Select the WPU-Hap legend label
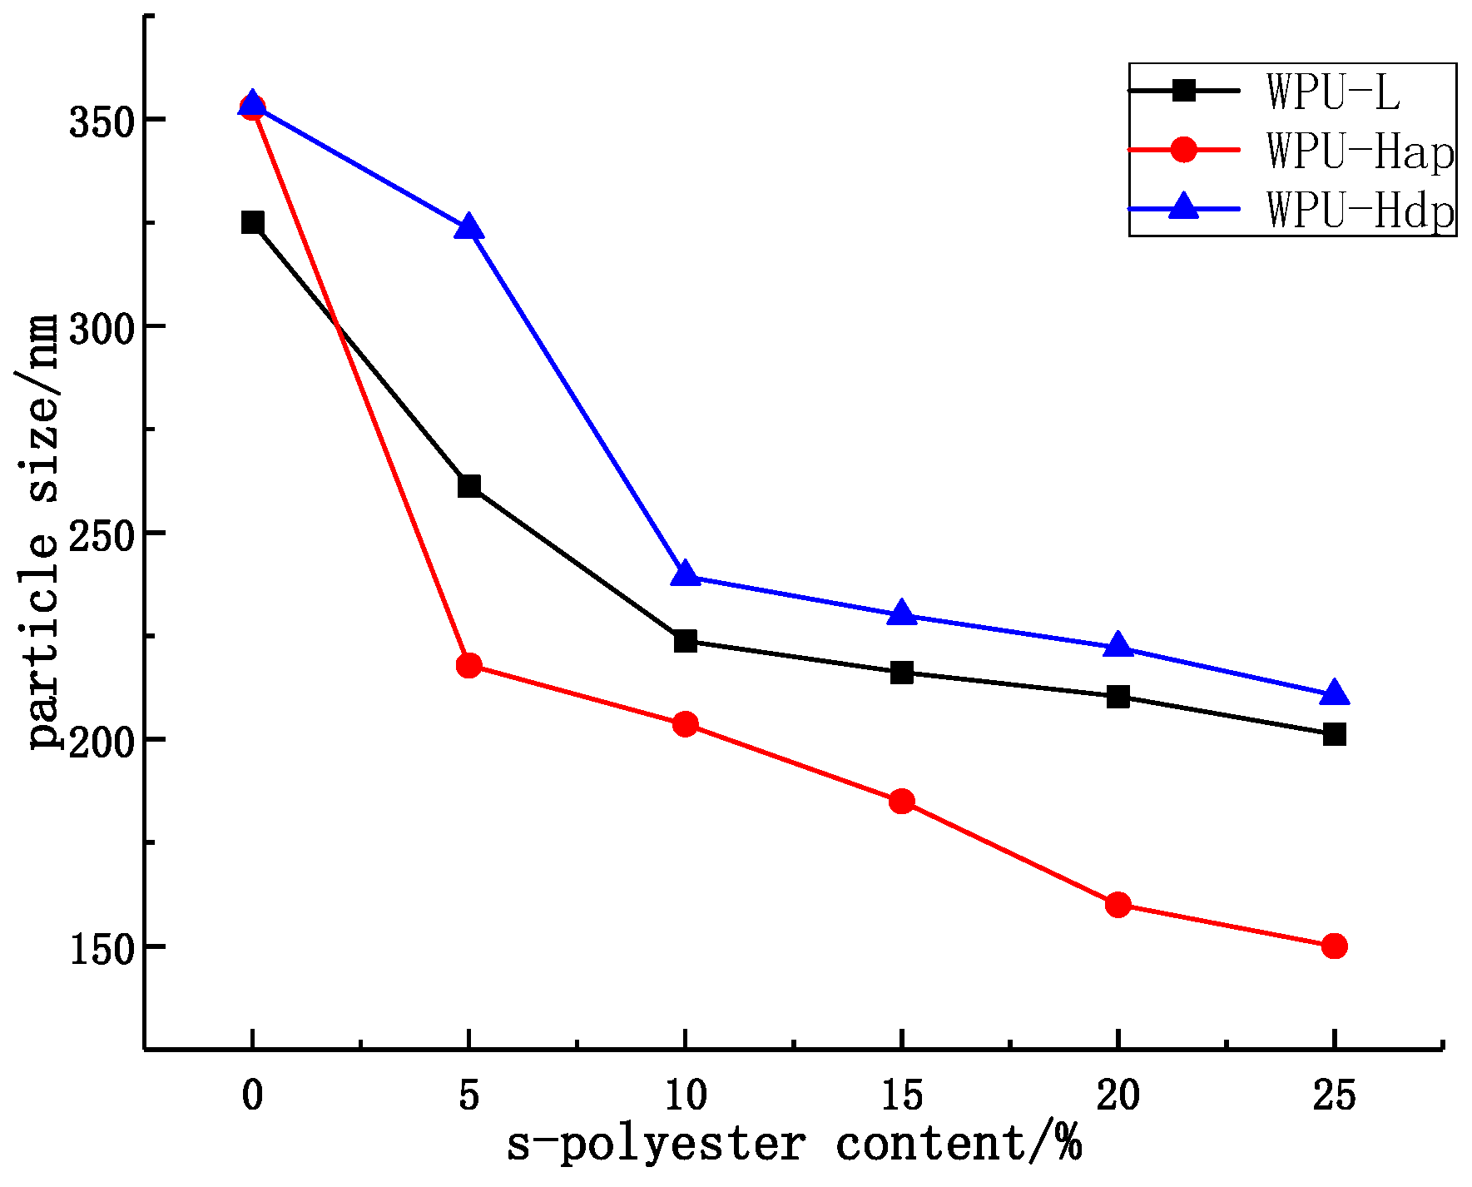[1360, 151]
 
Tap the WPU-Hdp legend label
[1360, 210]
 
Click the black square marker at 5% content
[468, 486]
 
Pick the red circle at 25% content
[1334, 946]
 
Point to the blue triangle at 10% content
[685, 574]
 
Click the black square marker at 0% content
[252, 222]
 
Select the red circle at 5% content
[468, 665]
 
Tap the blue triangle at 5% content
[468, 227]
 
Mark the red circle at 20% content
[1118, 904]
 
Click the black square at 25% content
[1334, 733]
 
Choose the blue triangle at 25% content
[1334, 693]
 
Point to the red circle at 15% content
[901, 802]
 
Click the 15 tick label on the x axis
[901, 1095]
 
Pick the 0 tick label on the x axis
[252, 1095]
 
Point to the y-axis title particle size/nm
[43, 533]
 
